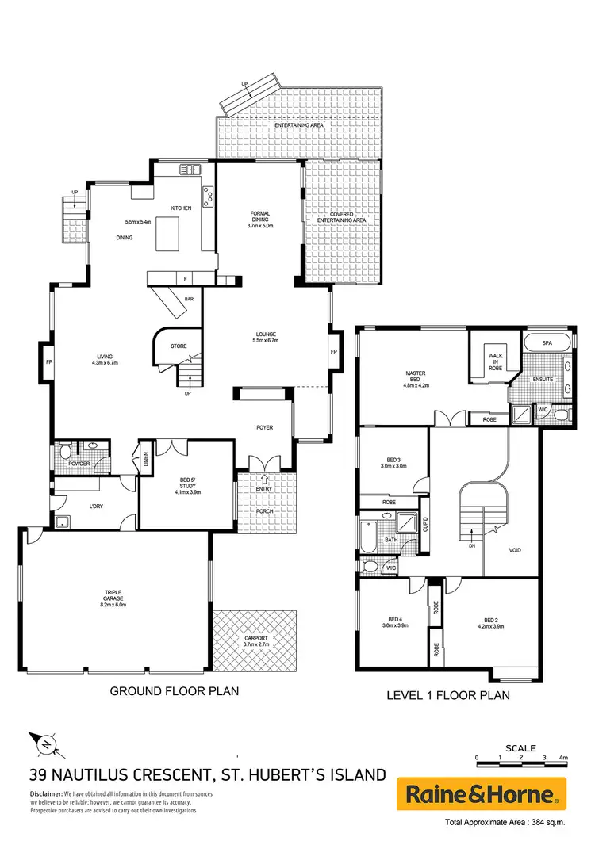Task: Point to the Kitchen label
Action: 181,208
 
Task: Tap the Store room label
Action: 178,345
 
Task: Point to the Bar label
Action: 190,299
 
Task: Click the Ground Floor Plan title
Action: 174,691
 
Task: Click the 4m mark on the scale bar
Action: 562,759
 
